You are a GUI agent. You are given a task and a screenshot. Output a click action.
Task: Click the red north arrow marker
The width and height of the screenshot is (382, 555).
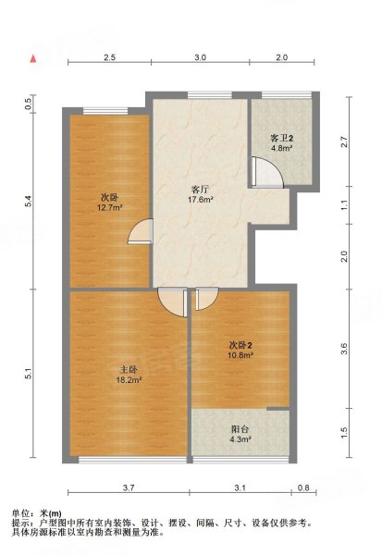click(33, 59)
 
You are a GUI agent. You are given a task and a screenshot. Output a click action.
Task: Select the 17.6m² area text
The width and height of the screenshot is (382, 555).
click(200, 200)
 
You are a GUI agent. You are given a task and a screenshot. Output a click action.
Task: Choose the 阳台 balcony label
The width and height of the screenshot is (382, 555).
click(240, 429)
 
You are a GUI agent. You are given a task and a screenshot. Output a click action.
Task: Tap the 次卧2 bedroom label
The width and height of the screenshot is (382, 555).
click(240, 345)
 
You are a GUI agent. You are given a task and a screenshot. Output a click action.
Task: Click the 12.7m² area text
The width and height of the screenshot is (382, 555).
click(109, 207)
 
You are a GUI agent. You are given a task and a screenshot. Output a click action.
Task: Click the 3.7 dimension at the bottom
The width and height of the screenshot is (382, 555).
click(129, 487)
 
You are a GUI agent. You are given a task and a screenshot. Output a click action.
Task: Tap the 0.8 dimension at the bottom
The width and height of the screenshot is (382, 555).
click(303, 487)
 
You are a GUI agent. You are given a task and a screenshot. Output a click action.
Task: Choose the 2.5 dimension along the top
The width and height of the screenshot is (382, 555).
click(110, 57)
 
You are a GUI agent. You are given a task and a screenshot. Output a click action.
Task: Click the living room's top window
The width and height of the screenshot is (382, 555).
click(210, 95)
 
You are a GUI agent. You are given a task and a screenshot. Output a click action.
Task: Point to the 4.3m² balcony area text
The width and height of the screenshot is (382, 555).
click(240, 439)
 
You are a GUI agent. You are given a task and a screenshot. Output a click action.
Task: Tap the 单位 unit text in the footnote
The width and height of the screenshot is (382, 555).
click(21, 513)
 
